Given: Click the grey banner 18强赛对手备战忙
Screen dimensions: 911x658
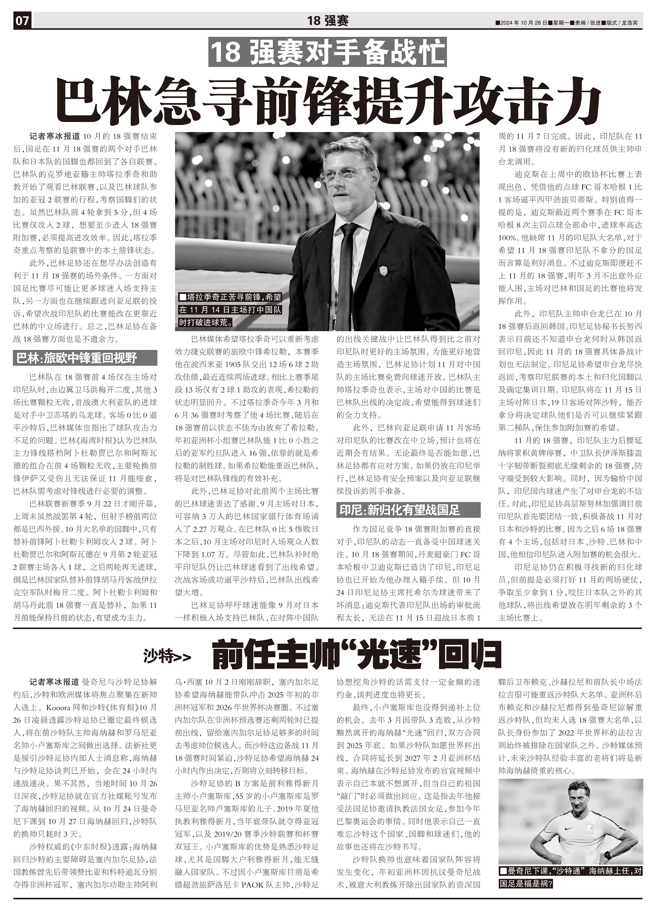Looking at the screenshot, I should point(327,53).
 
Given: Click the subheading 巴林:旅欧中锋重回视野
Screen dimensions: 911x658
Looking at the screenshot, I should point(85,358).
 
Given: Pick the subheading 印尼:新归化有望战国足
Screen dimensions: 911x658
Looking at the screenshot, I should point(408,510).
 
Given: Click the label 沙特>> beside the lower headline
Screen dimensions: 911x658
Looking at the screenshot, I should point(167,657).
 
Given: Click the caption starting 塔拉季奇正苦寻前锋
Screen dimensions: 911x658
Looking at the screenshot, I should point(230,310).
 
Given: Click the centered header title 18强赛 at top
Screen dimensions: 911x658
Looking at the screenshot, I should point(328,21).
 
